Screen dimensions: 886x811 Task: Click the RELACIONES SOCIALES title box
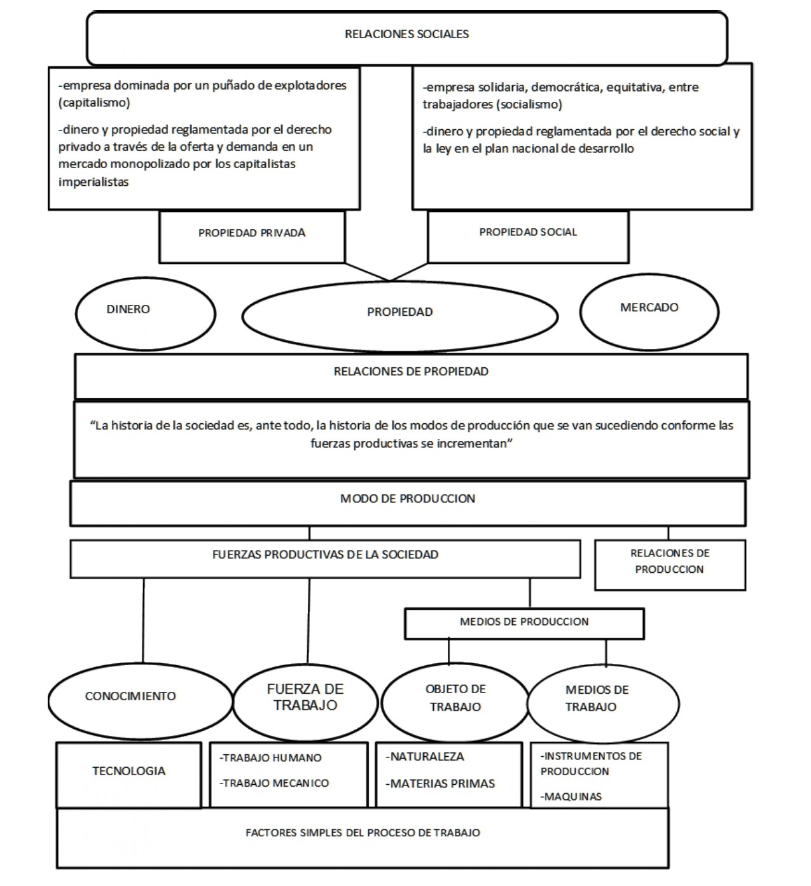click(406, 35)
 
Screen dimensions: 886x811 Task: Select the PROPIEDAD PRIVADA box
click(252, 234)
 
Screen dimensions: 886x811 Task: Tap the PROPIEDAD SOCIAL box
click(528, 233)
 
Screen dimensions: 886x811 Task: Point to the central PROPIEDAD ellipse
click(399, 313)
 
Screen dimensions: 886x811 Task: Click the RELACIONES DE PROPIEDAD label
click(411, 372)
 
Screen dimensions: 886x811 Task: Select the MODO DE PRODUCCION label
click(407, 499)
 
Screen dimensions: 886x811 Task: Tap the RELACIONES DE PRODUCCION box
click(669, 562)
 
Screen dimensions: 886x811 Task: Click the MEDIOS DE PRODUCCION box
click(524, 622)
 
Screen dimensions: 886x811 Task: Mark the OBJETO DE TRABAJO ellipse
click(455, 699)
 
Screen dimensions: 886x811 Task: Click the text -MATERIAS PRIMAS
click(440, 784)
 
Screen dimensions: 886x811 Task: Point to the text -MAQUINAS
click(571, 797)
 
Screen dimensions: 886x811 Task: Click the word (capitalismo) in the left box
click(94, 103)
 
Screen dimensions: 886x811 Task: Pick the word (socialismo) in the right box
click(529, 105)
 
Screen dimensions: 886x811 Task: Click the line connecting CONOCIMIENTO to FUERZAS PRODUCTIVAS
click(143, 621)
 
